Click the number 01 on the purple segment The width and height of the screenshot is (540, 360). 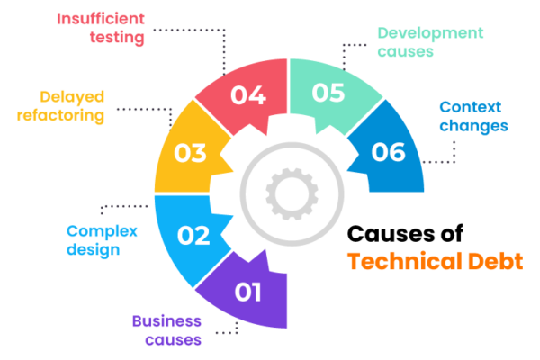click(x=247, y=292)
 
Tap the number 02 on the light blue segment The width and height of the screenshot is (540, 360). click(x=193, y=236)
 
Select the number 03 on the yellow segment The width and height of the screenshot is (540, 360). click(x=190, y=153)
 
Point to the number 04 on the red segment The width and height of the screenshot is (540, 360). click(x=247, y=94)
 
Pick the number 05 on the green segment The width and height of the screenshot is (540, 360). click(x=328, y=93)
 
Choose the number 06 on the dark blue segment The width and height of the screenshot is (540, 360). click(x=389, y=152)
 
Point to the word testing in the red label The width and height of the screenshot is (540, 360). click(x=117, y=38)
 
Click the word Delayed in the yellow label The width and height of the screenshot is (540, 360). click(x=72, y=95)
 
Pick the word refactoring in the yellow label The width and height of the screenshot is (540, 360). click(x=60, y=114)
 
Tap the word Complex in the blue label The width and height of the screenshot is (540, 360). click(x=102, y=231)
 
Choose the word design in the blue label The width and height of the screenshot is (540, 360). click(x=93, y=249)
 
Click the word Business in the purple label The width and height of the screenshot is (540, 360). click(x=167, y=321)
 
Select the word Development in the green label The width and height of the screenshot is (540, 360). click(x=430, y=32)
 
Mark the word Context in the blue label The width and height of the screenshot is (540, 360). click(x=473, y=107)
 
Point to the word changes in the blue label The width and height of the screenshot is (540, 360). click(x=474, y=125)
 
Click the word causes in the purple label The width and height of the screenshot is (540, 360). click(x=173, y=339)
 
